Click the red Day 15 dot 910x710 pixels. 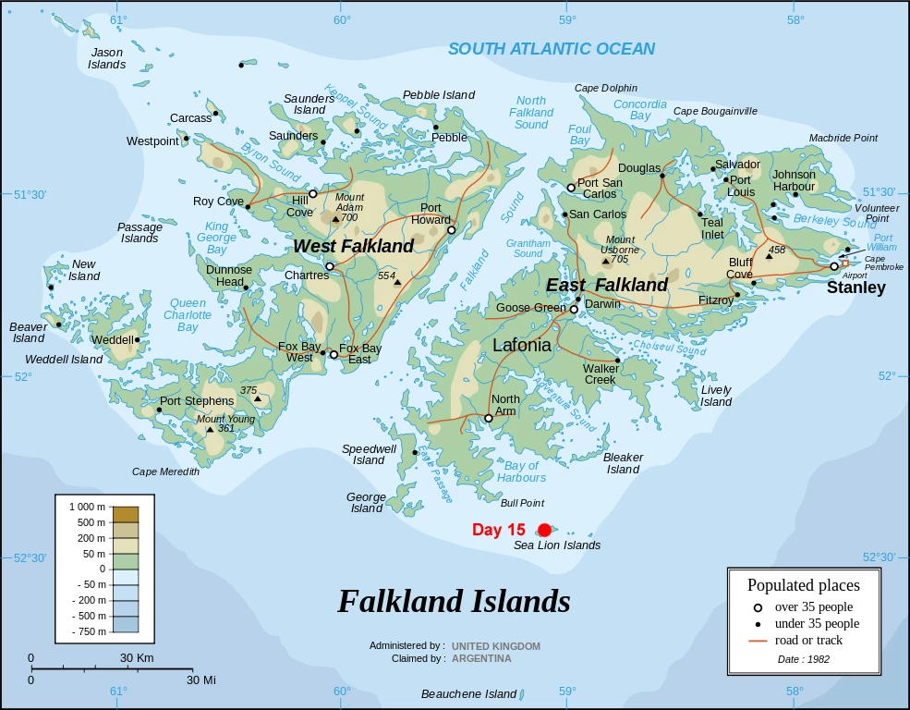(x=544, y=530)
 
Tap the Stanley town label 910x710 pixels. (x=855, y=288)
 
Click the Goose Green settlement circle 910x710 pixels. (x=574, y=309)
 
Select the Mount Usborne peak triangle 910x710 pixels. (x=606, y=261)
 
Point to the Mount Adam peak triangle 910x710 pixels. (x=335, y=219)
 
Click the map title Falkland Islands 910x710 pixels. (x=454, y=601)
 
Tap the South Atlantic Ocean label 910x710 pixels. (x=552, y=49)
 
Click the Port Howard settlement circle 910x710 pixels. (x=451, y=230)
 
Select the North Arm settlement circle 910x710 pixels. (x=489, y=418)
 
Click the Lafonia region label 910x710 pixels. (x=522, y=345)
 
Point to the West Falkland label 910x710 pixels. (x=354, y=246)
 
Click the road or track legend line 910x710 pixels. (x=758, y=640)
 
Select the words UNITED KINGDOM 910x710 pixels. (x=496, y=645)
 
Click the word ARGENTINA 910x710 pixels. (x=481, y=658)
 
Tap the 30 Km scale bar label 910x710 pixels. (x=137, y=657)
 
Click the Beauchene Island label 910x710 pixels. (x=468, y=693)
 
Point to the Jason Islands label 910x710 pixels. (x=106, y=58)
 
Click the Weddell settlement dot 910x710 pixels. (x=137, y=339)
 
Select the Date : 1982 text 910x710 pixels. (x=803, y=658)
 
